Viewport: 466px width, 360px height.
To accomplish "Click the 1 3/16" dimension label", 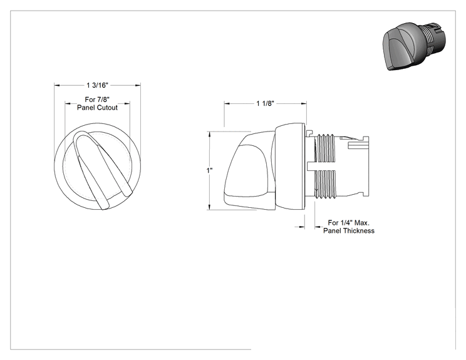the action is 98,85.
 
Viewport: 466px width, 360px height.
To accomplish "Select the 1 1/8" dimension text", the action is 265,103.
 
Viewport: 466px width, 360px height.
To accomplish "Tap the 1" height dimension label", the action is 210,170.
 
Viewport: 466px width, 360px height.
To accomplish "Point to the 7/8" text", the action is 103,100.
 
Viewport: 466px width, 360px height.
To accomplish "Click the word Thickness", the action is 360,231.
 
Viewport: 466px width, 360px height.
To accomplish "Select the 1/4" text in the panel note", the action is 345,222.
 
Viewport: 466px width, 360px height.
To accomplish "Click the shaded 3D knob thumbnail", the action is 414,46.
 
